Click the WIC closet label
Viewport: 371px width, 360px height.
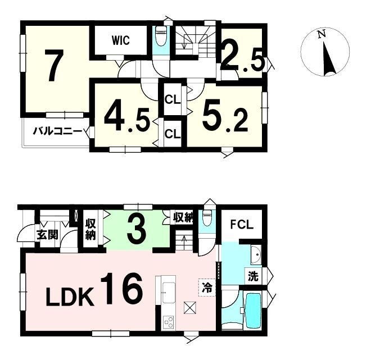121,40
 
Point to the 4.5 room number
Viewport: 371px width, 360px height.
127,119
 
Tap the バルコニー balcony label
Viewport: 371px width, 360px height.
58,131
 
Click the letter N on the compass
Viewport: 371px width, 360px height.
322,34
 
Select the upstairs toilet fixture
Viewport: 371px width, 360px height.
161,36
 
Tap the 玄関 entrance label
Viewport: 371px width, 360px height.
47,235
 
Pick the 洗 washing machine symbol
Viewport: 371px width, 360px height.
253,276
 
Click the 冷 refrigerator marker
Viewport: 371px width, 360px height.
207,288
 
